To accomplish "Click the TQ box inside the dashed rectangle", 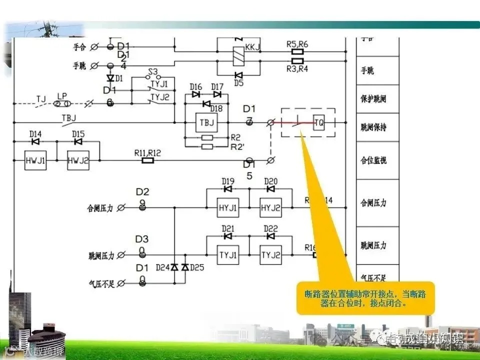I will tap(318, 122).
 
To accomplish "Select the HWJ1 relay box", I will tap(35, 160).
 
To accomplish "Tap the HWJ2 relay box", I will tap(78, 160).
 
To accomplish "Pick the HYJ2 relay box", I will tap(270, 207).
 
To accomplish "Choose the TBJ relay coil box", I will tap(206, 122).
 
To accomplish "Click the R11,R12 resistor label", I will tap(147, 152).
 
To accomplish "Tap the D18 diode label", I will tap(216, 109).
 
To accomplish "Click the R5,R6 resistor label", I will tap(297, 44).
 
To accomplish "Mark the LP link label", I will tap(62, 95).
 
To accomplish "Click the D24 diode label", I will tap(163, 267).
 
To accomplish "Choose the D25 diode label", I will tap(198, 267).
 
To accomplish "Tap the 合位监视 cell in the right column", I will tap(373, 160).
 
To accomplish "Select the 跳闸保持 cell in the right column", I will tap(373, 127).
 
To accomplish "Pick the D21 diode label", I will tap(228, 228).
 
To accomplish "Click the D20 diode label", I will tap(270, 181).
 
